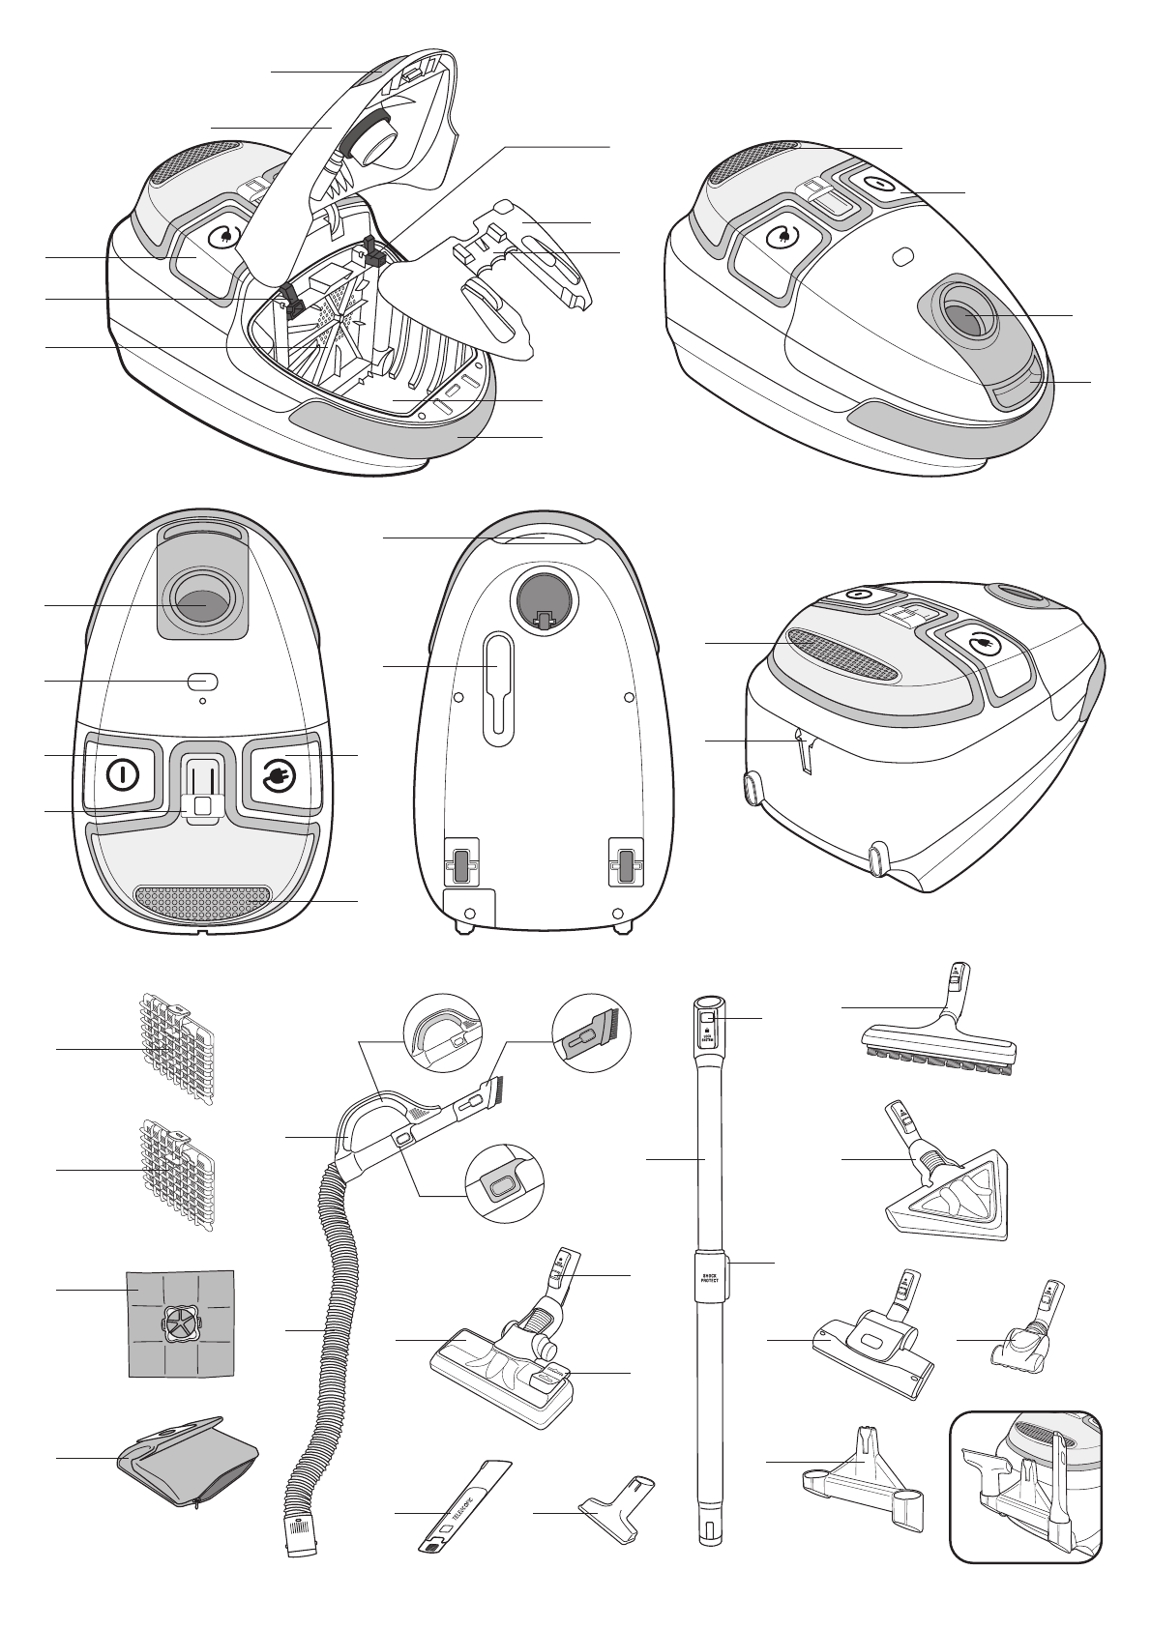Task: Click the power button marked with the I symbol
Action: click(x=122, y=774)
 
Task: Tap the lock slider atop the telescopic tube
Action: click(x=707, y=1021)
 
